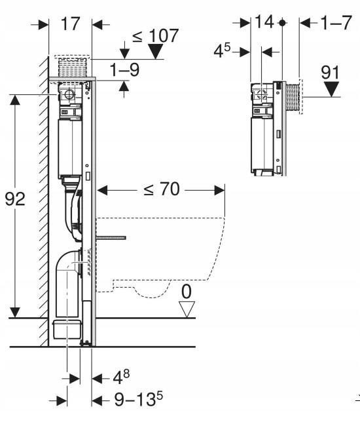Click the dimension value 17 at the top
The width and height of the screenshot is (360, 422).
[71, 24]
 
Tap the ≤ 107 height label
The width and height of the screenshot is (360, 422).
[155, 35]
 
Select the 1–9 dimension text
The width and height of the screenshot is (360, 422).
[125, 70]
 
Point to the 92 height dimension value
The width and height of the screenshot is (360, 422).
[15, 199]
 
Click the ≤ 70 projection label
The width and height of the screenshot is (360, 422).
[161, 189]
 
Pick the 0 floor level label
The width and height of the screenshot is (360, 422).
[187, 292]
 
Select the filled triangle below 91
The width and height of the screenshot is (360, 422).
[331, 90]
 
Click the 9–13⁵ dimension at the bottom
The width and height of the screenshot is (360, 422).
[139, 399]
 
